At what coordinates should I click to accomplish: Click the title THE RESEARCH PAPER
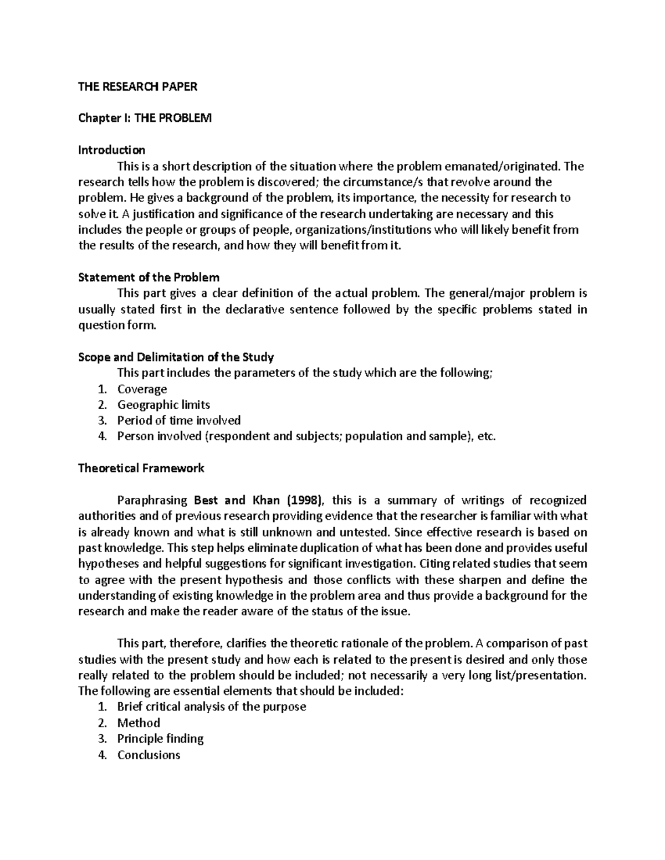point(137,86)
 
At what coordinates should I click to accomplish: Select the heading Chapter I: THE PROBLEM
point(145,118)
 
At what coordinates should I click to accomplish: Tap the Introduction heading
point(111,150)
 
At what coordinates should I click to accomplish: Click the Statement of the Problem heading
point(149,277)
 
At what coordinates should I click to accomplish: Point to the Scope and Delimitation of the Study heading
point(176,357)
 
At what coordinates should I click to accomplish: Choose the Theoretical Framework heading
point(141,468)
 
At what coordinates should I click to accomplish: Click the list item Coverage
point(142,389)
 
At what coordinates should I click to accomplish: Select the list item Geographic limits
point(163,405)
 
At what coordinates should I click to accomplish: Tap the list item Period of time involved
point(178,421)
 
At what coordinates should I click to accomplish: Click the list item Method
point(139,723)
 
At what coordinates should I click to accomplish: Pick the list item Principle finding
point(160,739)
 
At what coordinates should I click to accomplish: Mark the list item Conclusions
point(149,755)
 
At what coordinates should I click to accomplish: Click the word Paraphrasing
point(152,501)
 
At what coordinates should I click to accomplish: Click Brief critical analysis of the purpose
point(211,707)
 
